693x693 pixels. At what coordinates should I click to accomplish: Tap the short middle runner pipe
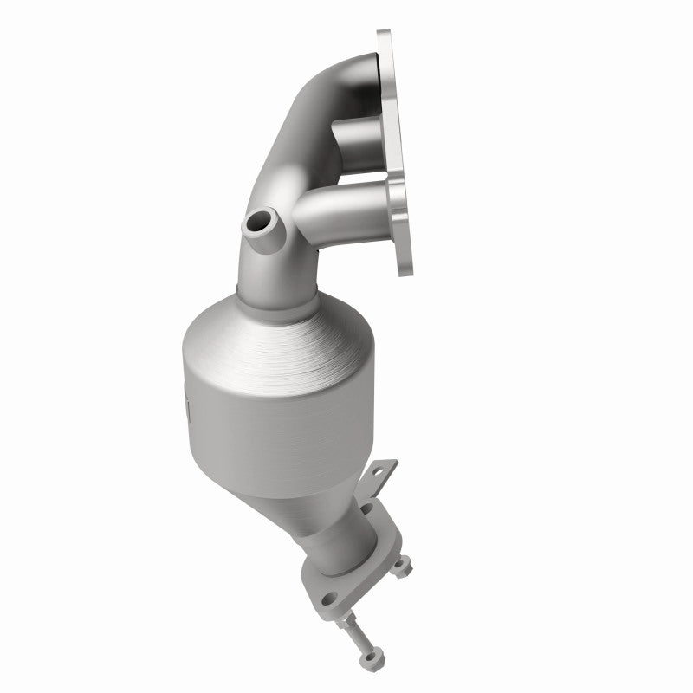pyautogui.click(x=355, y=139)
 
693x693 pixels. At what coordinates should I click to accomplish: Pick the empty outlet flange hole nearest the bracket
pyautogui.click(x=367, y=510)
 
